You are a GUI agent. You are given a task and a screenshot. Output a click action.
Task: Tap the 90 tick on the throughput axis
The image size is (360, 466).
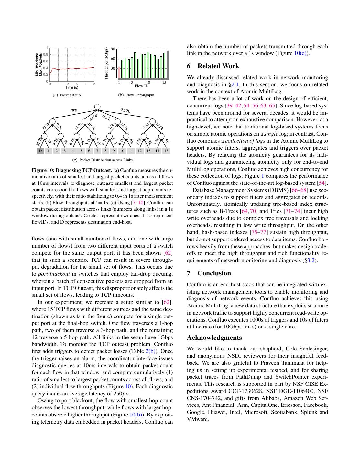pos(113,49)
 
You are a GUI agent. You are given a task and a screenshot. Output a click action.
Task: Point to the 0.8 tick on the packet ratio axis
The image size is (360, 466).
pos(46,54)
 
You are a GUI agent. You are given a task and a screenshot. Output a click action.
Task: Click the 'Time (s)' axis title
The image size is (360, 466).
pos(72,87)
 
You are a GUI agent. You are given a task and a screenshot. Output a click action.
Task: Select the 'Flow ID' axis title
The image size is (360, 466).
pos(142,86)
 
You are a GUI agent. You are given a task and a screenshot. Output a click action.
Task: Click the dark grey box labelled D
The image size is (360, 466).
pos(40,150)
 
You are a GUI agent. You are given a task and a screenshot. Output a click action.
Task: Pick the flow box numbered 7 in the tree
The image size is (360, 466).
pos(97,150)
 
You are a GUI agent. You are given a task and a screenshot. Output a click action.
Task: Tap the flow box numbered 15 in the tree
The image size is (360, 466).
pos(166,150)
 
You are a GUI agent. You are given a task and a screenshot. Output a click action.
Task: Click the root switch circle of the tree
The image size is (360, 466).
pos(97,107)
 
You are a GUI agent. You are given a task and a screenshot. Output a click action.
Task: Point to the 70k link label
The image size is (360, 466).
pos(74,111)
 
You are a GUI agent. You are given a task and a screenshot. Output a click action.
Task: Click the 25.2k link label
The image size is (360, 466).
pos(106,117)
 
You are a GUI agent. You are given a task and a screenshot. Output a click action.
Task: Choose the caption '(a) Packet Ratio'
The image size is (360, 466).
pos(67,95)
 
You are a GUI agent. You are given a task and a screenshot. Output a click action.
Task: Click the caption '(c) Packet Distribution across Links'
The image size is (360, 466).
pos(102,160)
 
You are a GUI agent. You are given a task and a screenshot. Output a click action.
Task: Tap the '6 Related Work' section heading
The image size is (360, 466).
pos(213,66)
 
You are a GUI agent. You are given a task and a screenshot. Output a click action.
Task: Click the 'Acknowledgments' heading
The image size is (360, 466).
pos(214,338)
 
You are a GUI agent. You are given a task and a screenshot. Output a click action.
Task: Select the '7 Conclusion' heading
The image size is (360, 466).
pos(209,273)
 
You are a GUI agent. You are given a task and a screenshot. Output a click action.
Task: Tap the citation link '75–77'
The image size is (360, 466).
pos(258,232)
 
